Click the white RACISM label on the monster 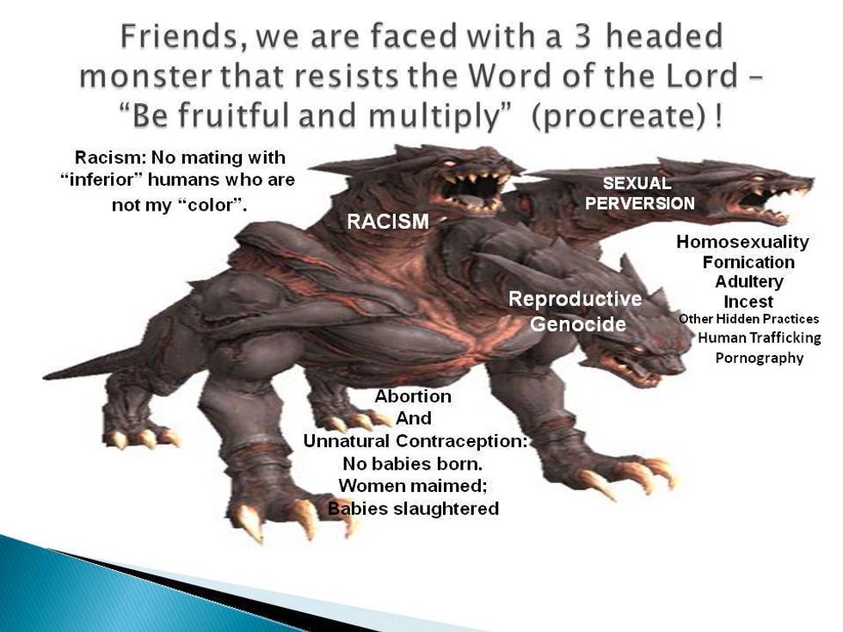[388, 221]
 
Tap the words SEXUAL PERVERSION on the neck [640, 193]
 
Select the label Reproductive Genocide [575, 311]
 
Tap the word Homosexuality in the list [742, 242]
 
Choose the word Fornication [748, 262]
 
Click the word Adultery [749, 282]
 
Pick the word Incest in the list [748, 302]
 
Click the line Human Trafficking [759, 338]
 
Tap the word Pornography [759, 358]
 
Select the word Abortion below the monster [413, 396]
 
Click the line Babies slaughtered [414, 508]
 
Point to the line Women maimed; [412, 486]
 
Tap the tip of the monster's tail [44, 377]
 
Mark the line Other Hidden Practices [748, 319]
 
